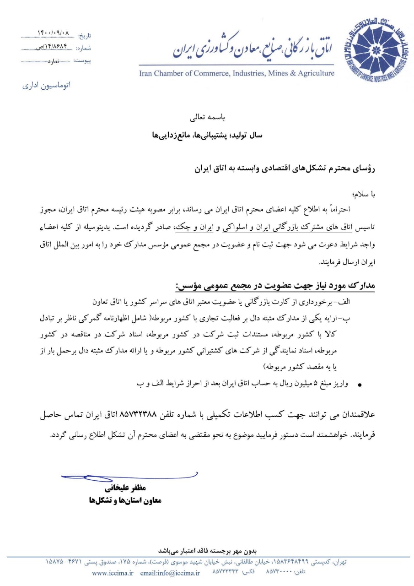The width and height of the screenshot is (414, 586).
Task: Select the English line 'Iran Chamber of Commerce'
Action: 237,73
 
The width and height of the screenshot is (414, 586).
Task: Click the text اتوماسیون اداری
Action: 47,85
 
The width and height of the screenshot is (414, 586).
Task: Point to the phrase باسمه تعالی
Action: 205,117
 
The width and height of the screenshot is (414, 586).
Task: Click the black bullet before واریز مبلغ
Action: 359,386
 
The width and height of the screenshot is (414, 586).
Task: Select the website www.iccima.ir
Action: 112,573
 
